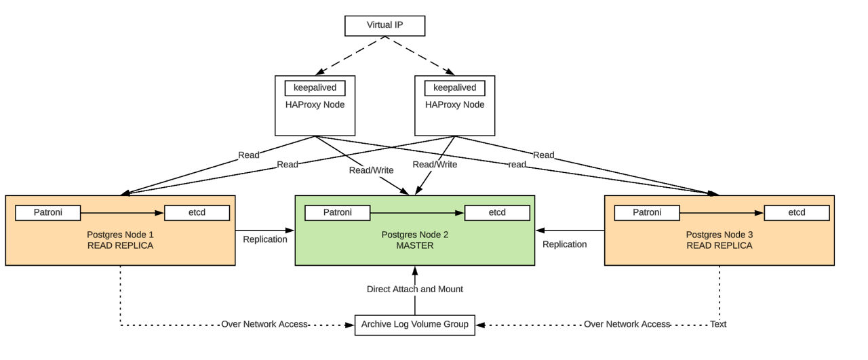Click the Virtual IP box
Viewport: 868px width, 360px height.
coord(384,25)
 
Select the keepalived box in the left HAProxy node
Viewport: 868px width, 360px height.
coord(315,88)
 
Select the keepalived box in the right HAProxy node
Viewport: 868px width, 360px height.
coord(454,88)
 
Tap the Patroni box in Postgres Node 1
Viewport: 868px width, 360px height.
coord(47,213)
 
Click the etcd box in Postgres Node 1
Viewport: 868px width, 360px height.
coord(197,213)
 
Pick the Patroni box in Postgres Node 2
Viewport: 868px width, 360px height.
coord(337,213)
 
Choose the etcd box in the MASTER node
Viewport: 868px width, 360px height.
coord(497,213)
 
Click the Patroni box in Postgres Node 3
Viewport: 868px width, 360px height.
coord(646,213)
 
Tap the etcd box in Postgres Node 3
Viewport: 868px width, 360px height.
coord(796,213)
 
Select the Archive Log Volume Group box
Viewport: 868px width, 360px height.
coord(414,324)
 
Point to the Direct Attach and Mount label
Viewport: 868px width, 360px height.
coord(414,289)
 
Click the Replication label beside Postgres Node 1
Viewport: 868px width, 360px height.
coord(265,239)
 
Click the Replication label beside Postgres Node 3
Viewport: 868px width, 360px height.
coord(564,244)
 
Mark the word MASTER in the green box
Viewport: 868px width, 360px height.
coord(414,245)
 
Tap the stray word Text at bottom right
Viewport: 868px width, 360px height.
coord(718,324)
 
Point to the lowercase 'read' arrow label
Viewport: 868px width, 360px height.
coord(517,164)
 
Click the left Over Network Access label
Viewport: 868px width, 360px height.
coord(264,324)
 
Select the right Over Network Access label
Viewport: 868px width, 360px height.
coord(627,324)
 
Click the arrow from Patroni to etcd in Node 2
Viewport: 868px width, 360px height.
coord(416,213)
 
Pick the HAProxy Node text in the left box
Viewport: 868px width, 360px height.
coord(315,104)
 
